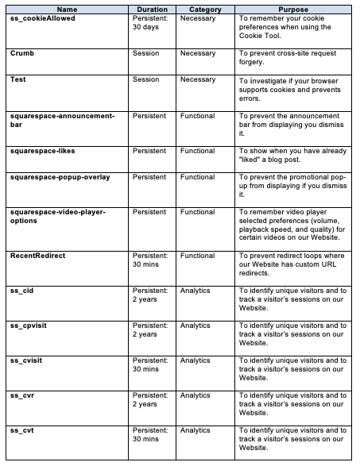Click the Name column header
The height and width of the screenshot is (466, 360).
coord(67,9)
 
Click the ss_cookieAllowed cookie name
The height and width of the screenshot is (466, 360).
coord(43,17)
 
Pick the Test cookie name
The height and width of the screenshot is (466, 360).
coord(18,80)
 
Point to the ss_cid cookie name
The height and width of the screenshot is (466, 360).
coord(22,291)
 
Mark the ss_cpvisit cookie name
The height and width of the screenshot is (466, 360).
coord(29,325)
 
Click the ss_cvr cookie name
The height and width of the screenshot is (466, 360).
coord(22,395)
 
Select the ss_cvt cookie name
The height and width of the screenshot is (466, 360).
coord(21,429)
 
